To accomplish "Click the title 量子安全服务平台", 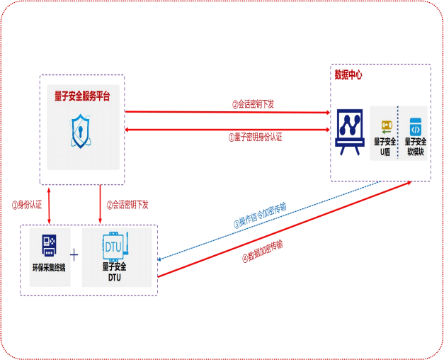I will (x=82, y=97).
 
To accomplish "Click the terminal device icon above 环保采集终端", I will (x=48, y=244).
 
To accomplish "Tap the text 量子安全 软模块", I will (x=416, y=147).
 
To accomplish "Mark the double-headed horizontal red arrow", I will (x=227, y=130).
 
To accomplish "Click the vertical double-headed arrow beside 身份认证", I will (x=49, y=206).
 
